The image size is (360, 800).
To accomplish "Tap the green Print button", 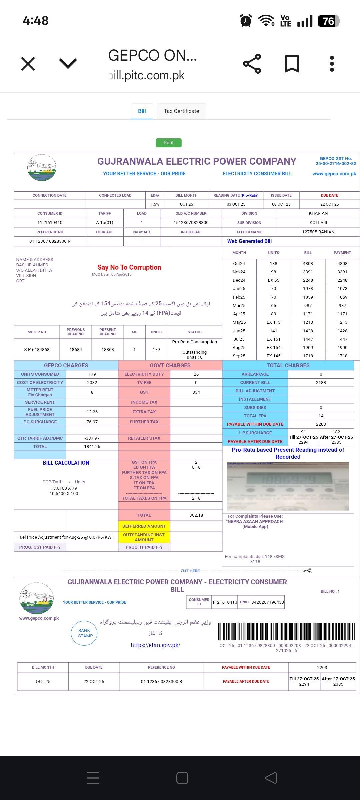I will tap(168, 143).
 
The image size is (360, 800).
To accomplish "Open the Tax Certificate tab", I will tap(181, 111).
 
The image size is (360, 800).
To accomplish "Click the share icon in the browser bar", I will tap(252, 63).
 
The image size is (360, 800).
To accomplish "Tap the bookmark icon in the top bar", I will tap(292, 63).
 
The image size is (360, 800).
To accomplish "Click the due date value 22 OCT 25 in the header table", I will tap(329, 204).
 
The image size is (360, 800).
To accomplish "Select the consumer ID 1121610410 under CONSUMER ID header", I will tap(50, 222).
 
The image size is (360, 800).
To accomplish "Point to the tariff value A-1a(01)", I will tap(104, 222).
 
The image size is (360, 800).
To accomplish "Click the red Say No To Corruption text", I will tap(129, 267).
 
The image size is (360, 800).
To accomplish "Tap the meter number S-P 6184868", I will tap(37, 349).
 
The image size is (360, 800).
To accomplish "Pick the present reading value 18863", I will tap(108, 349).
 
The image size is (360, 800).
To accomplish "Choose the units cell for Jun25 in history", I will tap(273, 331).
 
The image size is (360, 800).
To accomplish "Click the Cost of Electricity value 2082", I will tap(92, 382).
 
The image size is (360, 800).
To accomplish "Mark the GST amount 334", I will tap(196, 392).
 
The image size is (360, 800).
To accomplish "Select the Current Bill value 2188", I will tap(321, 382).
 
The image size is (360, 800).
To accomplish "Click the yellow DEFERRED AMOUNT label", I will tap(144, 526).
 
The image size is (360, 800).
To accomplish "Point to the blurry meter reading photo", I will tap(288, 486).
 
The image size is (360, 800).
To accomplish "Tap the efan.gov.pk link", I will tap(155, 645).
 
